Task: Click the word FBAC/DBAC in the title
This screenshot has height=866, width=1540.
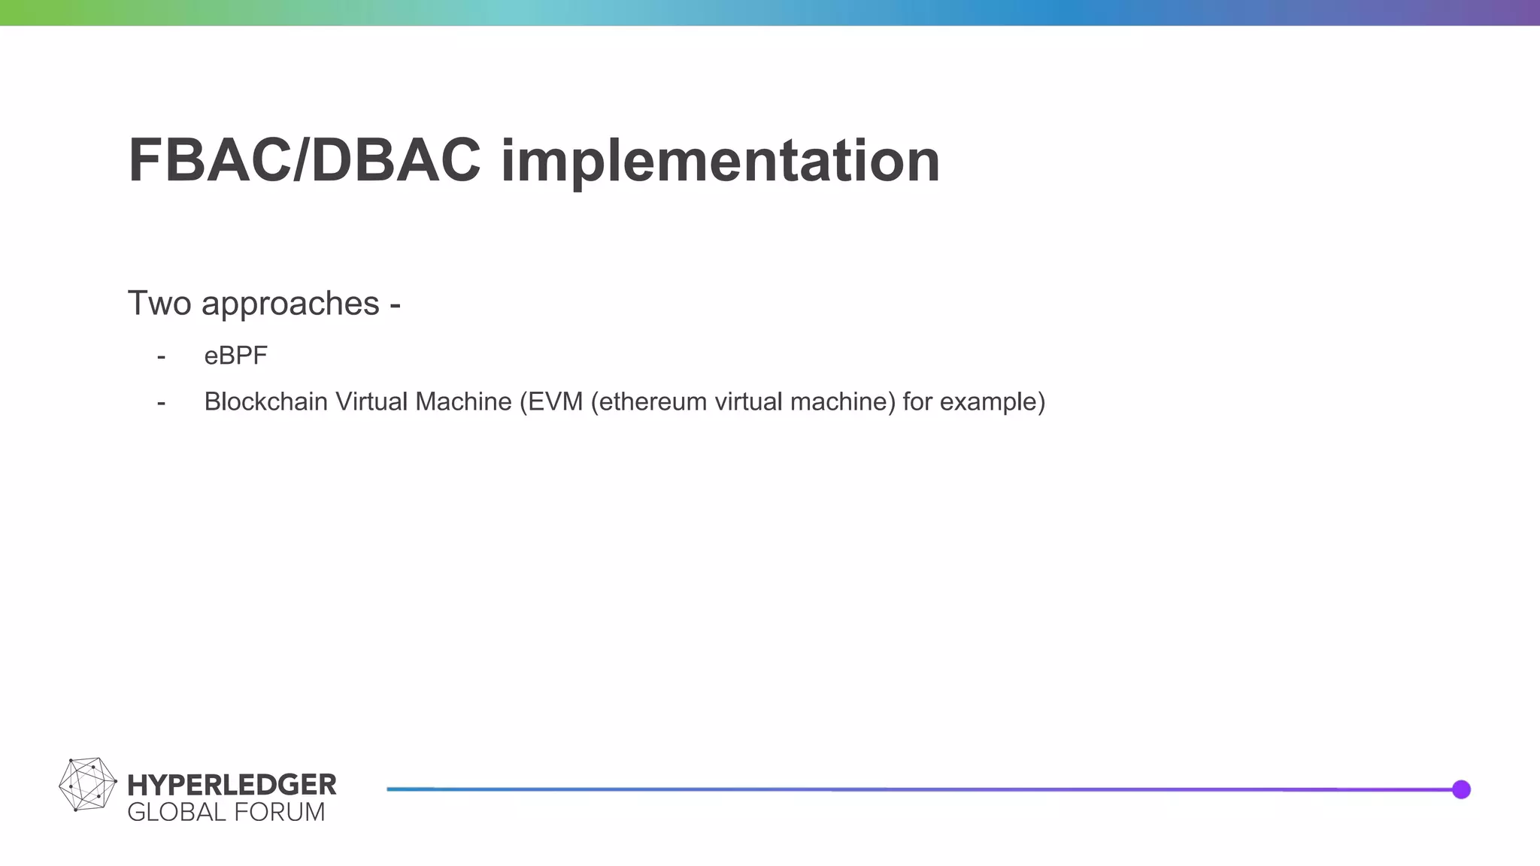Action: [304, 161]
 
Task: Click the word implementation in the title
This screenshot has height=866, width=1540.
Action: [720, 161]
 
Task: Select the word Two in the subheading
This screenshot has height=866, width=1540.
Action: [159, 304]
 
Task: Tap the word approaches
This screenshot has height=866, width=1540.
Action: [290, 304]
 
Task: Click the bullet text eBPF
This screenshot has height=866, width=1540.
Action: [235, 356]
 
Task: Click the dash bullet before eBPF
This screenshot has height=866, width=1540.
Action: [161, 356]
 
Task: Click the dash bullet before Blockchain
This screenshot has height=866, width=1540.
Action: [161, 403]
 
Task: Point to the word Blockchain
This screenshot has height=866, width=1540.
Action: [265, 402]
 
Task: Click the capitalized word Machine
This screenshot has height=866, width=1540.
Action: [463, 402]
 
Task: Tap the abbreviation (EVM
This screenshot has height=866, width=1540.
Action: [551, 402]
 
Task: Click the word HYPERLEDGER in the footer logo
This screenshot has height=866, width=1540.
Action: [232, 785]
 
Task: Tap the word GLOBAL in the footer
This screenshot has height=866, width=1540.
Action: [177, 813]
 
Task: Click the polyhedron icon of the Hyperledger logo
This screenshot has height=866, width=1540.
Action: [87, 784]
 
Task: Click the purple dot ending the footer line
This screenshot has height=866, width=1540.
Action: [1461, 789]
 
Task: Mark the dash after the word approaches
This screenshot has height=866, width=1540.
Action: [395, 305]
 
